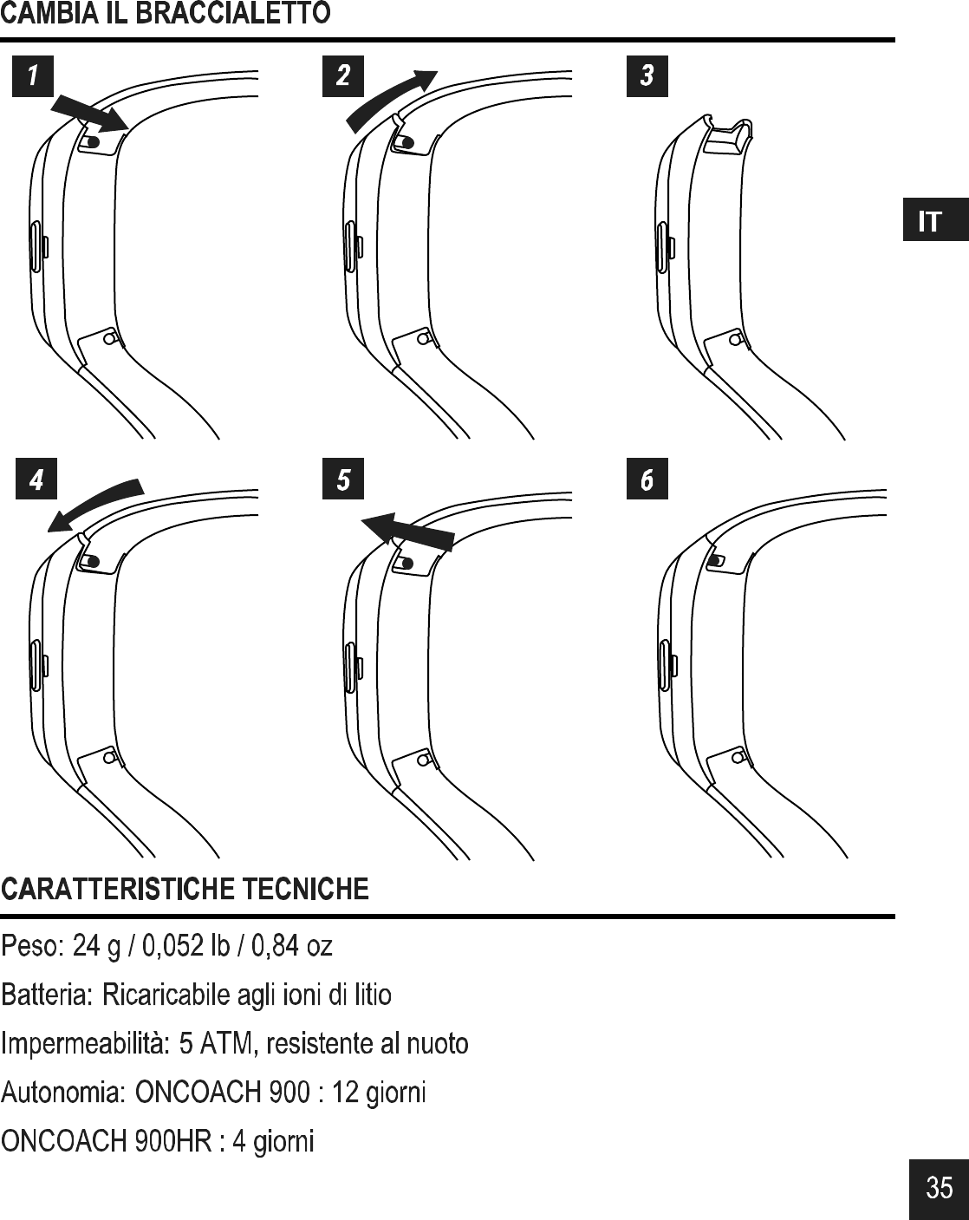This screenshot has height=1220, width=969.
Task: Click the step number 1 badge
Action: [x=33, y=76]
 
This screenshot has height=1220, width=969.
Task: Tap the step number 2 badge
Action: [x=343, y=76]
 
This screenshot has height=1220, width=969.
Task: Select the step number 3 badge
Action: [x=647, y=76]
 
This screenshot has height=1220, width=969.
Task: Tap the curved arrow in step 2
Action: [x=390, y=97]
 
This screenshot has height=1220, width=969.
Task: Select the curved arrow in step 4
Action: [x=94, y=502]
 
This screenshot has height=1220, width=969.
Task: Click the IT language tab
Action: [x=932, y=221]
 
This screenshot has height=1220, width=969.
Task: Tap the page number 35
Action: [x=939, y=1187]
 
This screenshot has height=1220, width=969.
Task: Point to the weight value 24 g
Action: [x=96, y=946]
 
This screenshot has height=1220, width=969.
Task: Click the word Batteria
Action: [x=48, y=995]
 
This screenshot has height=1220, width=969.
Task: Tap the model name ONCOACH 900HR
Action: [x=107, y=1141]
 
